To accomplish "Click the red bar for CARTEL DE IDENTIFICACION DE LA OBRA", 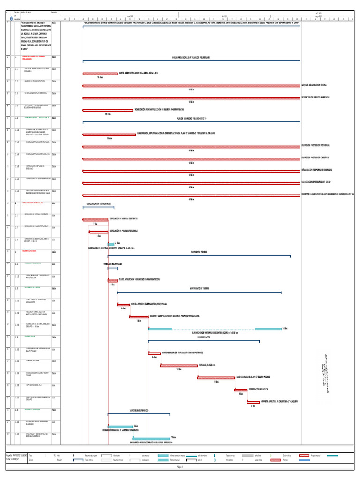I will (x=100, y=74).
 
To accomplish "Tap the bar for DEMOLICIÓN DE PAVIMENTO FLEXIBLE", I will (x=98, y=232).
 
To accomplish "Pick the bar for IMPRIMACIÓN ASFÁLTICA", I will (x=241, y=390).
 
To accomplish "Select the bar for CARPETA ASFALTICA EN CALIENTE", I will (x=253, y=402).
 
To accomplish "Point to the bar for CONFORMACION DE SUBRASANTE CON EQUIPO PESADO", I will (x=154, y=353).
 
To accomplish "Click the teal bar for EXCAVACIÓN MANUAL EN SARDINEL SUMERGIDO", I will (x=120, y=427).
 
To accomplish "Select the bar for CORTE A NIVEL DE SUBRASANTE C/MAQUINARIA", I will (x=123, y=304).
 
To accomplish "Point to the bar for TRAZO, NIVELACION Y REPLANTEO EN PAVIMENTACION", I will (x=112, y=280).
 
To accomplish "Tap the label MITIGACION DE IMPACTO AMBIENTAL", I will (x=315, y=97).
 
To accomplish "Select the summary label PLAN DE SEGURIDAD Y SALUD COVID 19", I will (x=191, y=118).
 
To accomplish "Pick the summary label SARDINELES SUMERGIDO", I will (x=139, y=410).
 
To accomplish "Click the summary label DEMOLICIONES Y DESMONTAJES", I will (x=98, y=203).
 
